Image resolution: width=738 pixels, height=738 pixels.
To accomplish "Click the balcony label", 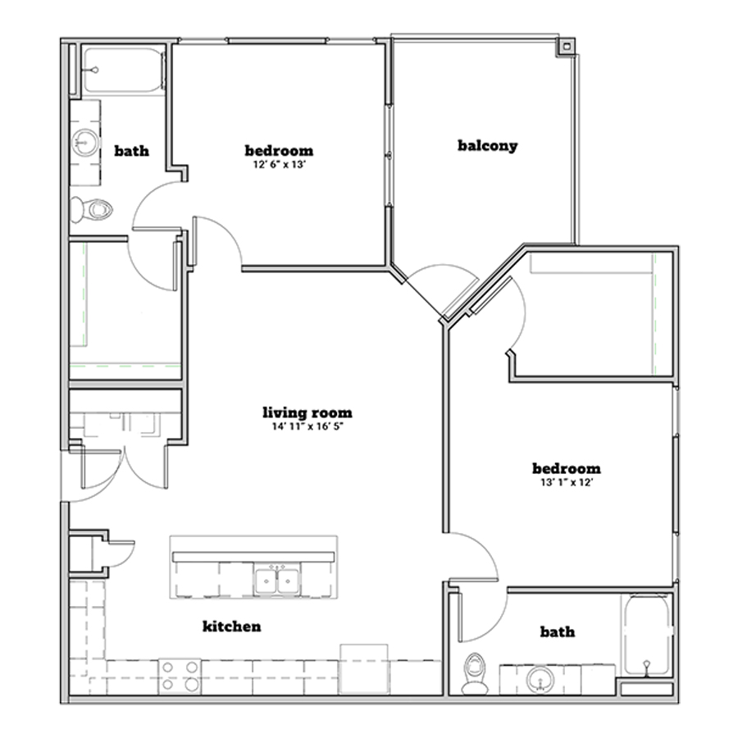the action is [x=488, y=145].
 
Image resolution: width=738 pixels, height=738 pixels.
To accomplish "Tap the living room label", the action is [x=307, y=412].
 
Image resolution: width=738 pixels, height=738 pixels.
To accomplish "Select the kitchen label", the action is [x=231, y=626].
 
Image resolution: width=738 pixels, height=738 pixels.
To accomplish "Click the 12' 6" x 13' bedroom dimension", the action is [x=280, y=164].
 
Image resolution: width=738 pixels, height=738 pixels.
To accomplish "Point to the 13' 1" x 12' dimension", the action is [x=567, y=482].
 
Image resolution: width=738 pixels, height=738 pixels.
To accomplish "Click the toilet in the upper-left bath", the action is [x=91, y=209].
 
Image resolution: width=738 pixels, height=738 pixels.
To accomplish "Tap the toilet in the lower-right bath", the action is [x=473, y=673].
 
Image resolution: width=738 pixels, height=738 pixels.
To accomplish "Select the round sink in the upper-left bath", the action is [x=85, y=142].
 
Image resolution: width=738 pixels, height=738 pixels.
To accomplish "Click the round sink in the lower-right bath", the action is [x=540, y=680].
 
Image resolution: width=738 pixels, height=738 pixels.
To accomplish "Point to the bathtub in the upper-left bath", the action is [x=124, y=71].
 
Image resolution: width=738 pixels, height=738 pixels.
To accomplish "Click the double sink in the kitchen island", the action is [x=277, y=581].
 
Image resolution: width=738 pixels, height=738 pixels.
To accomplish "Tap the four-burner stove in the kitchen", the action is [x=180, y=676].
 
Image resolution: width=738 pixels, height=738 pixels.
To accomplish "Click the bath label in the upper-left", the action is [x=132, y=151].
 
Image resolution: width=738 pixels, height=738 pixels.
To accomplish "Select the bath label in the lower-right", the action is [x=558, y=631].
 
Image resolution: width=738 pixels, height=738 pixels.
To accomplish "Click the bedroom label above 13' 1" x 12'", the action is [x=567, y=468].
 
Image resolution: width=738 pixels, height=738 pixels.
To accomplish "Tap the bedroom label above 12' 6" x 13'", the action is [x=279, y=151].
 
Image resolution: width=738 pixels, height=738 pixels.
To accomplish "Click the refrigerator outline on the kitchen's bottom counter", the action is [x=364, y=669].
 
